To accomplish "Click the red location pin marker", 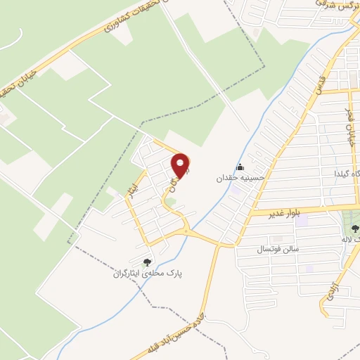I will [x=181, y=166].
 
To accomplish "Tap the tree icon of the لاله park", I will [x=355, y=229].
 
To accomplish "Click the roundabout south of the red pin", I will [x=186, y=231].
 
